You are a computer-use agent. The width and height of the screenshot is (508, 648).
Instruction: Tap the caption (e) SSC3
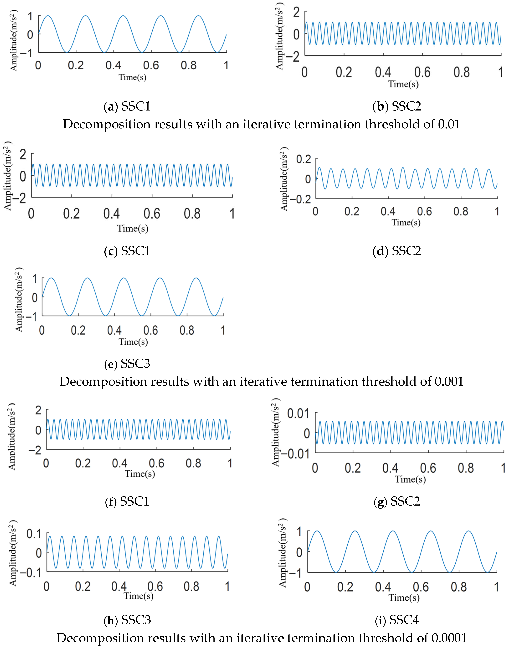[x=127, y=364]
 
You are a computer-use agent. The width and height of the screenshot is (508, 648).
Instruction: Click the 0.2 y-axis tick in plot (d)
[x=303, y=159]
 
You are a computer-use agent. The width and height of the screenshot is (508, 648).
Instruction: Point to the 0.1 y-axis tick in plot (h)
[x=34, y=534]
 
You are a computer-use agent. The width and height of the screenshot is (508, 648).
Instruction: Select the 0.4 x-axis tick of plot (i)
[x=383, y=587]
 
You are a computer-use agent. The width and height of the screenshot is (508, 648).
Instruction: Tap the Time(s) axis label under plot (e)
[x=133, y=342]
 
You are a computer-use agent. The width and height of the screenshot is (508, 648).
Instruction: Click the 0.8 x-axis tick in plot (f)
[x=193, y=463]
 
